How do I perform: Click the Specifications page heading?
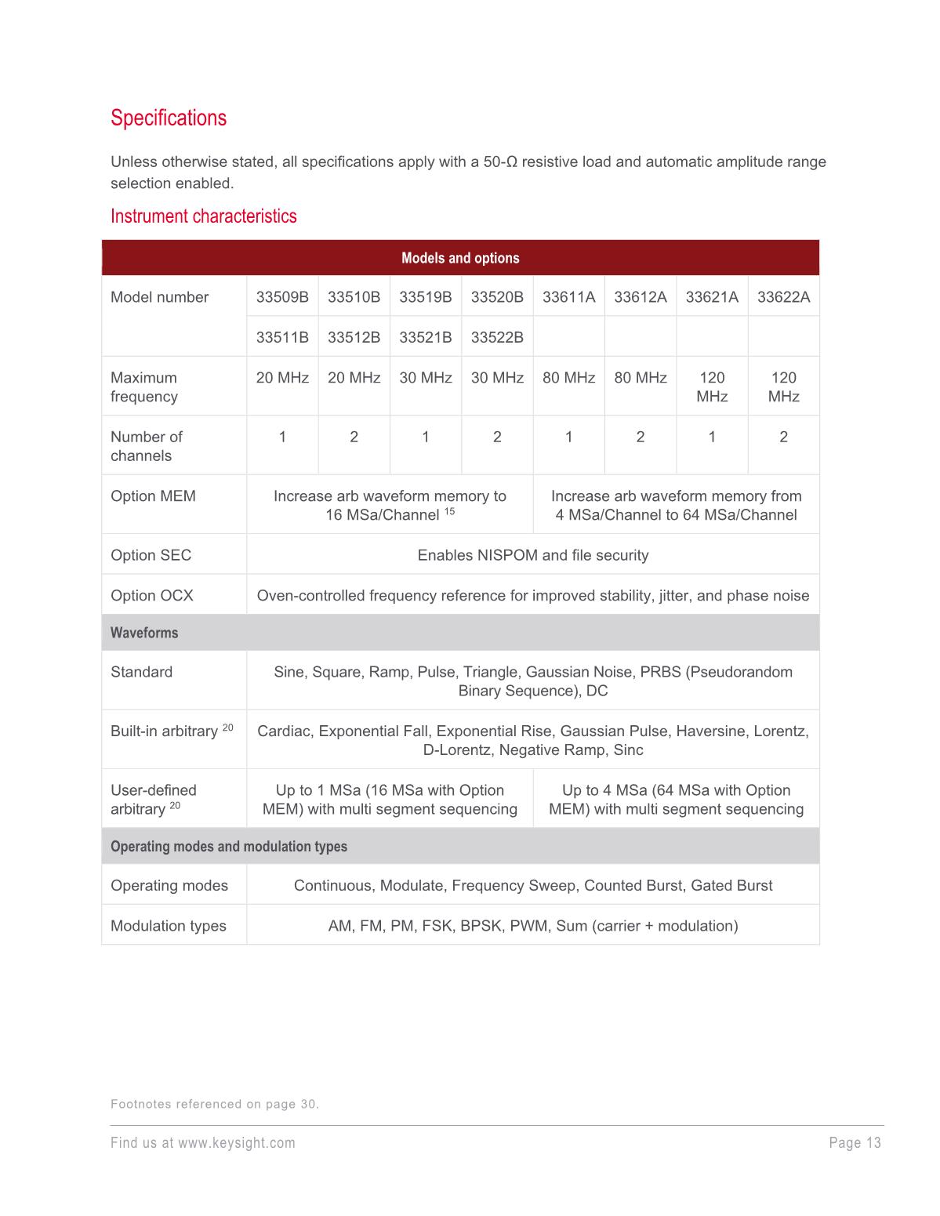point(169,118)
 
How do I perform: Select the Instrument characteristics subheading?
point(203,216)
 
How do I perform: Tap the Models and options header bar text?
point(460,258)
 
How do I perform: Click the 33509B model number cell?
point(282,297)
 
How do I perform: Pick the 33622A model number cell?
point(783,297)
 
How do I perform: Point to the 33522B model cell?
point(497,337)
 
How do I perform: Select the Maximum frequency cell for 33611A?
point(568,378)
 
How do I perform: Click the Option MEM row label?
point(153,496)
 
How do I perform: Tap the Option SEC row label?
point(151,555)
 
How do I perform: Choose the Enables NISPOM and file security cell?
point(533,555)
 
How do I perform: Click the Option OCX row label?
point(151,596)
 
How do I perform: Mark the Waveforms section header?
point(144,633)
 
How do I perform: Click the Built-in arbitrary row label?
point(164,731)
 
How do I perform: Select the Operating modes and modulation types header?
point(229,847)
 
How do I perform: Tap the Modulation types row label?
point(168,926)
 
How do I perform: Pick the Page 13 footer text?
point(855,1143)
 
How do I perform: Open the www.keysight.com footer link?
point(237,1143)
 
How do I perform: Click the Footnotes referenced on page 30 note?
point(215,1105)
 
